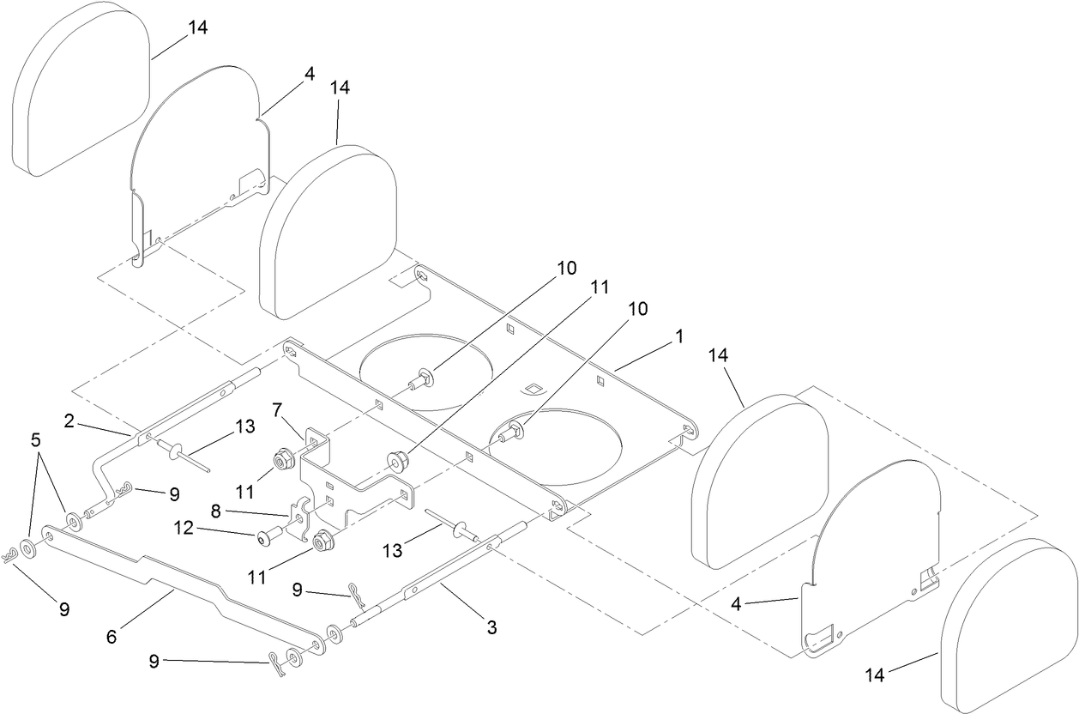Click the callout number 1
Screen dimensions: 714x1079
pyautogui.click(x=679, y=337)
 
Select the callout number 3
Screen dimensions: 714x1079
pyautogui.click(x=491, y=628)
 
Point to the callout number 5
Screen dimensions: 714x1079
pyautogui.click(x=35, y=440)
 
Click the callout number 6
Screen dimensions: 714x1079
pyautogui.click(x=111, y=637)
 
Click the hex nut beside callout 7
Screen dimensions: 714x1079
pyautogui.click(x=281, y=463)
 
